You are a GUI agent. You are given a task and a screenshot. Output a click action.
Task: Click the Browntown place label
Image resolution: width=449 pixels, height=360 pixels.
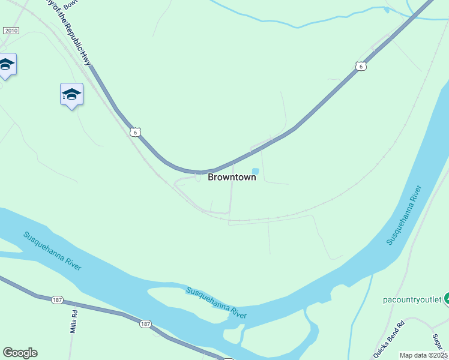coord(232,177)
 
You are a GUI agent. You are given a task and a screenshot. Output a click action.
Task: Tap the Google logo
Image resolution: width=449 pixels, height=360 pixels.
coord(20,353)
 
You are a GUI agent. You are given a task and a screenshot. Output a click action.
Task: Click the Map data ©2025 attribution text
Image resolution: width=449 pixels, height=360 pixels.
coord(423,355)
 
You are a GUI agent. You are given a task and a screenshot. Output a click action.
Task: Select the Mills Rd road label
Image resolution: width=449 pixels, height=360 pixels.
coord(74,322)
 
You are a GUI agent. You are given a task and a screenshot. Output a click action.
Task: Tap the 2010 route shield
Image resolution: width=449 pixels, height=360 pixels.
coord(11,31)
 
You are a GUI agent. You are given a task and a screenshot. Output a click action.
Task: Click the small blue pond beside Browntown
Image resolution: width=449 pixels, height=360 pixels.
coord(255,172)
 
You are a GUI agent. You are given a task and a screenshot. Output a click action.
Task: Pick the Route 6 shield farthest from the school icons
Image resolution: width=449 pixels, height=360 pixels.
coord(360,66)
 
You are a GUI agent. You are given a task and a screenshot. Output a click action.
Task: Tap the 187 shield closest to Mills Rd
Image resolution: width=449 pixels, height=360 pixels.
coord(57,299)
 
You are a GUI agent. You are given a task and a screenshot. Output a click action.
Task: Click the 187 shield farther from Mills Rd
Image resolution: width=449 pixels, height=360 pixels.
coord(145,324)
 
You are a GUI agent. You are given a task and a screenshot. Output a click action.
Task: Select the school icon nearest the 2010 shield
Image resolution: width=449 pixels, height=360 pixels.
coord(6,65)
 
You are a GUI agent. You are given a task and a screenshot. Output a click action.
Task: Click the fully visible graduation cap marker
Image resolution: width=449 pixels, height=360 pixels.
coord(71,94)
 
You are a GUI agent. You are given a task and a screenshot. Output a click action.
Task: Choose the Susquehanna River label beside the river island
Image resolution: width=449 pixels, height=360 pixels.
coord(216,302)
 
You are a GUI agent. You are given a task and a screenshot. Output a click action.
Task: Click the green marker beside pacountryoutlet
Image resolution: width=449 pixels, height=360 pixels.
coord(446,298)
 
